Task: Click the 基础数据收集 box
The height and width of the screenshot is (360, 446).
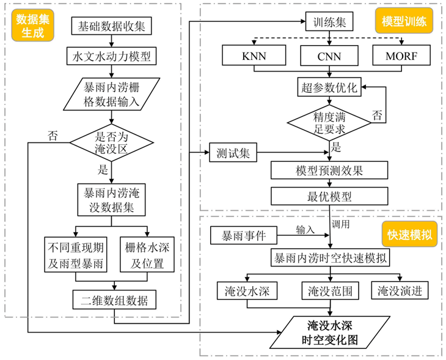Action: coord(111,26)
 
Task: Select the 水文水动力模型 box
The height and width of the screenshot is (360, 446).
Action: coord(111,57)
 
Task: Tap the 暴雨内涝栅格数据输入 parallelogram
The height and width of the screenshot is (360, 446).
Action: coord(111,94)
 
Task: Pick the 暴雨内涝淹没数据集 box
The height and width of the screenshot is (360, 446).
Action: coord(111,199)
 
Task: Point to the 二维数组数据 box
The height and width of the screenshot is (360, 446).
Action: coord(114,300)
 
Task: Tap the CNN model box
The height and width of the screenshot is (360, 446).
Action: coord(329,57)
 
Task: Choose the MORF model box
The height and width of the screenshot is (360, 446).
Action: coord(404,57)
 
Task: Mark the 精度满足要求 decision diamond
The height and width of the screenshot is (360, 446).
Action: coord(330,122)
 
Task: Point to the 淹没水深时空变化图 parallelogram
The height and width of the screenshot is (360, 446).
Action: coord(330,332)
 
